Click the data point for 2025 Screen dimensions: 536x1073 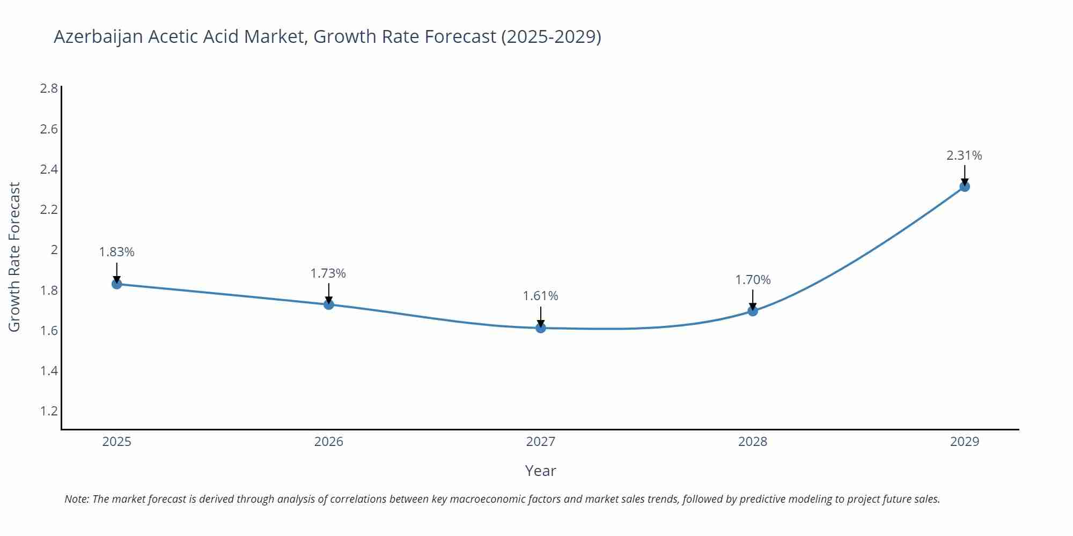[117, 284]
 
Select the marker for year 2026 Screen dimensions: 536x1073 [329, 304]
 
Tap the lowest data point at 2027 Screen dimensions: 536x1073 [541, 327]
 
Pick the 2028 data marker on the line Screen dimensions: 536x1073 [753, 310]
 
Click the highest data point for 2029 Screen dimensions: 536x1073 [965, 187]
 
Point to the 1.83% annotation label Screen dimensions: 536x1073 [117, 252]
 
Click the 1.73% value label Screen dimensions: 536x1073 [328, 273]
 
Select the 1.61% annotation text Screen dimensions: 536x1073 [541, 296]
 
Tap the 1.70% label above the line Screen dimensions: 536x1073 [753, 280]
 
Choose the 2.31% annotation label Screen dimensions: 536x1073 [964, 155]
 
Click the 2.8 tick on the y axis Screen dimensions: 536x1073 [49, 88]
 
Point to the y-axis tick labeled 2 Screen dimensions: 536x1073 [54, 250]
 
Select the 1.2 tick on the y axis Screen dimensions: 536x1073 [49, 411]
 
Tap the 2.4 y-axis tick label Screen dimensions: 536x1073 [49, 169]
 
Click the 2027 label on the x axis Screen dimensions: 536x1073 [541, 442]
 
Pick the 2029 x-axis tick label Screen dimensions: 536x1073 [965, 442]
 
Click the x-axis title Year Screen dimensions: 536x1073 [540, 471]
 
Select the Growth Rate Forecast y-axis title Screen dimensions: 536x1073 [14, 257]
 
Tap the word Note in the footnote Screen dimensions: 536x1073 [76, 499]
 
